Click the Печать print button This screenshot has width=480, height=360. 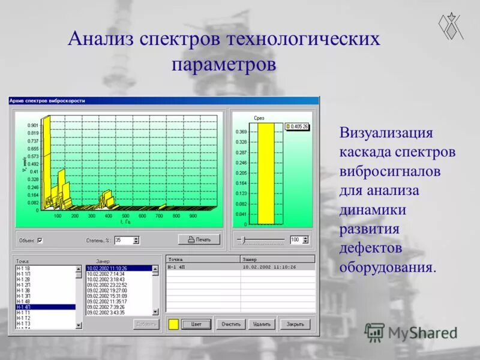click(199, 239)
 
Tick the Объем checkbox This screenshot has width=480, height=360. click(40, 240)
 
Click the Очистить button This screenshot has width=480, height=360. click(230, 324)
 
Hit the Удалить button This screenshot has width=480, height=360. click(261, 324)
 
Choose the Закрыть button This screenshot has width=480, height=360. click(295, 324)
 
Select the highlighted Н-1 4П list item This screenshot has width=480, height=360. click(45, 307)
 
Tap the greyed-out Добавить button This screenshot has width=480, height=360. click(146, 324)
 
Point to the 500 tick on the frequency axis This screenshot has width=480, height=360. click(125, 215)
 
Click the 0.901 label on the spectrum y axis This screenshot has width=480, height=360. click(32, 125)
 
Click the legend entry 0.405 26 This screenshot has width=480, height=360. click(296, 127)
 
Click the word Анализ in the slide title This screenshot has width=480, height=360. click(100, 39)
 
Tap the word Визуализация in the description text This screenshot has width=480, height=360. click(386, 132)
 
